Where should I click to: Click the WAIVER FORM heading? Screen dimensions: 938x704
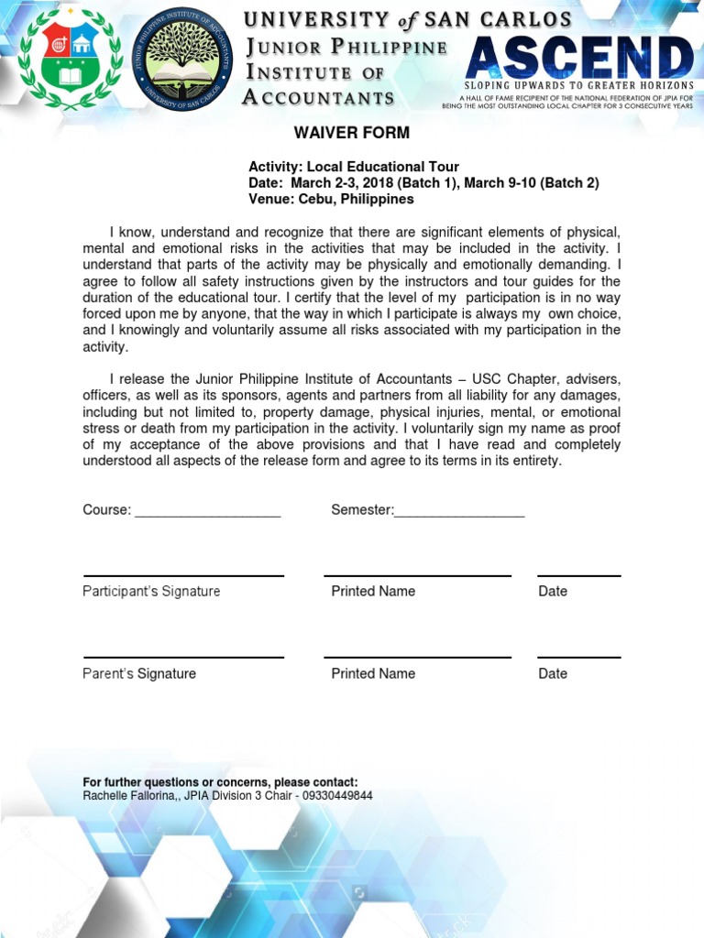pos(351,133)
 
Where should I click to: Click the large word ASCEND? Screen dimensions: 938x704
pos(578,60)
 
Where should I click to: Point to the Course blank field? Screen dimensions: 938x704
pos(207,510)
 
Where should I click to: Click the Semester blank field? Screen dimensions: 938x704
pos(459,510)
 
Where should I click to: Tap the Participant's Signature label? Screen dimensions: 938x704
pos(151,592)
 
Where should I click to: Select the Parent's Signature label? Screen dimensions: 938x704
pos(139,673)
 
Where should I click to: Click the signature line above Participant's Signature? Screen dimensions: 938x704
pos(183,576)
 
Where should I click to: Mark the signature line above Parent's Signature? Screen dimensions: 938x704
pos(183,658)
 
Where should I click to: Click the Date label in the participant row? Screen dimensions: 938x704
pos(553,592)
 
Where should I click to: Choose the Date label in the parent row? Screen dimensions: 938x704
pos(553,673)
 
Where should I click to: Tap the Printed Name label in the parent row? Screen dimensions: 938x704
pos(373,673)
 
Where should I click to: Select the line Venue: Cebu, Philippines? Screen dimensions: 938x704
pos(331,199)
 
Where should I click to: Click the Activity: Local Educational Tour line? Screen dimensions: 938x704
pos(354,167)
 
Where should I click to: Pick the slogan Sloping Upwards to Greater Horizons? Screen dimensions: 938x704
pos(579,85)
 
